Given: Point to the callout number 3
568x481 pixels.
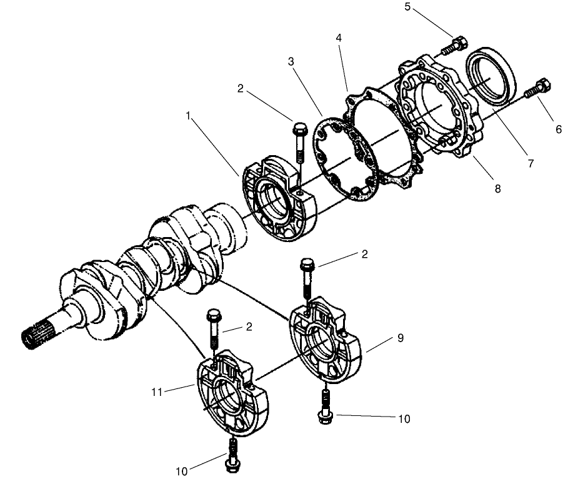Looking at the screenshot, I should click(x=291, y=63).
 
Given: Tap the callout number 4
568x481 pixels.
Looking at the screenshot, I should click(x=338, y=38).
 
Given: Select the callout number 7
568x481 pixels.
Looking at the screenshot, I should click(x=530, y=163).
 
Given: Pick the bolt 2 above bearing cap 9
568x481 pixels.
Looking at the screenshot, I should click(x=307, y=278).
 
